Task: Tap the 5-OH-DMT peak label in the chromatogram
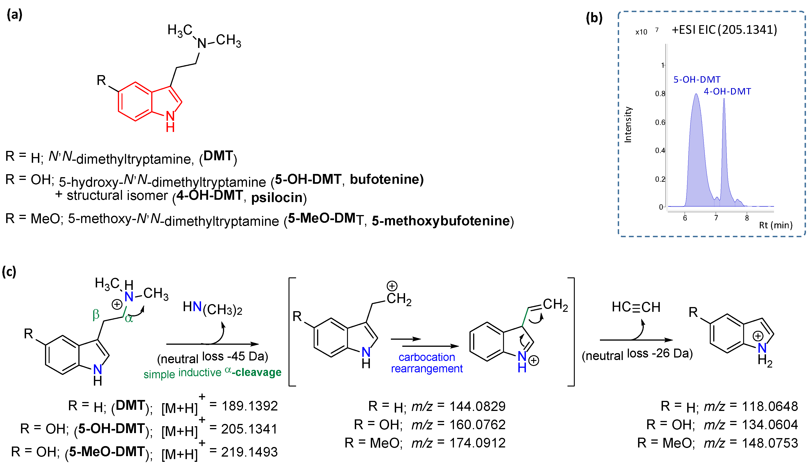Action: click(697, 79)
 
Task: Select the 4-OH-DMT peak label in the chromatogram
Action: click(727, 92)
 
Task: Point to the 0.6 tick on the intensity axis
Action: click(660, 122)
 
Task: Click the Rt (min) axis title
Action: click(775, 225)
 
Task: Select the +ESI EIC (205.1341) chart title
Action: click(724, 30)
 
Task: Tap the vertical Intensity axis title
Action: click(628, 125)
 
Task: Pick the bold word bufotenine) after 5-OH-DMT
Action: click(387, 179)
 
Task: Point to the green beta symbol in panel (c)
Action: click(96, 314)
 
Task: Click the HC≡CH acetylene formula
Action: click(636, 307)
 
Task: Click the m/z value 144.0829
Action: click(477, 406)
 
